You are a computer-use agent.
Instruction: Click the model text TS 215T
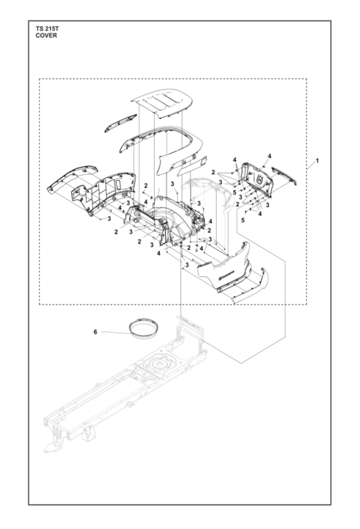click(x=47, y=29)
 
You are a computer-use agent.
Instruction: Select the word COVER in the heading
click(x=46, y=35)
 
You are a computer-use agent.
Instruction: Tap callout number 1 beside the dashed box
click(x=317, y=161)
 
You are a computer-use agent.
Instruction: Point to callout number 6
click(x=95, y=332)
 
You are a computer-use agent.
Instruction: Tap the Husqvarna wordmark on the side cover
click(x=226, y=274)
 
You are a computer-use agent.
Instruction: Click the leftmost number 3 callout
click(x=109, y=219)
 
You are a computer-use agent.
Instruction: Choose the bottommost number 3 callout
click(x=186, y=265)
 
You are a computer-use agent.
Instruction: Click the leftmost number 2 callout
click(x=116, y=232)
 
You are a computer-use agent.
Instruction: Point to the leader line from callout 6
click(x=115, y=332)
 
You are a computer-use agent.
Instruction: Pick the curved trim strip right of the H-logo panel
click(x=285, y=175)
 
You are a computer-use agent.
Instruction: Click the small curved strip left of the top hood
click(x=120, y=123)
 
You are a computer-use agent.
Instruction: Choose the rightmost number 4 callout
click(x=270, y=156)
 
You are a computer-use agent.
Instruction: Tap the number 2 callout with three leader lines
click(x=213, y=172)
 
